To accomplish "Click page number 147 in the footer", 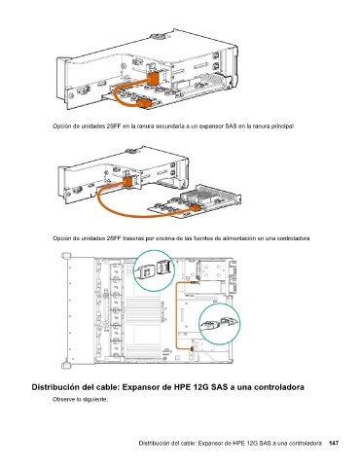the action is [x=334, y=443].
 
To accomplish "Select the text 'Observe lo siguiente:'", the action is [x=80, y=400].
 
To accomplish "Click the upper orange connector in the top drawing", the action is [x=152, y=78].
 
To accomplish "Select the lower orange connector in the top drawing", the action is [x=144, y=104].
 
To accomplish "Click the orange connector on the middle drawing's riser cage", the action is [x=127, y=181].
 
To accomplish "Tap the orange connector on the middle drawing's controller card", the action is [x=195, y=208].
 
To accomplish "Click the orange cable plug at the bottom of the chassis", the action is [x=192, y=349].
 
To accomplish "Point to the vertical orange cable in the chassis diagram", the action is [x=177, y=315].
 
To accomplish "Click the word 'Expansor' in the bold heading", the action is [x=143, y=387].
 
